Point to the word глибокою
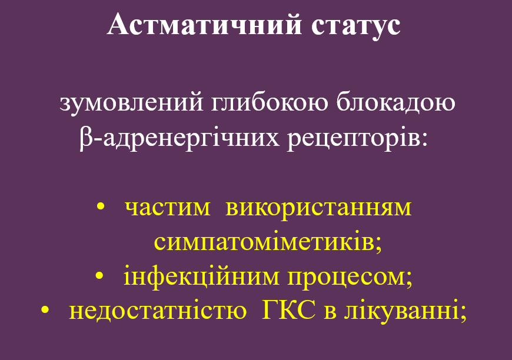[x=254, y=104]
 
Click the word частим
[x=168, y=208]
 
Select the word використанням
[x=318, y=208]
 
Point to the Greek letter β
[x=85, y=140]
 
